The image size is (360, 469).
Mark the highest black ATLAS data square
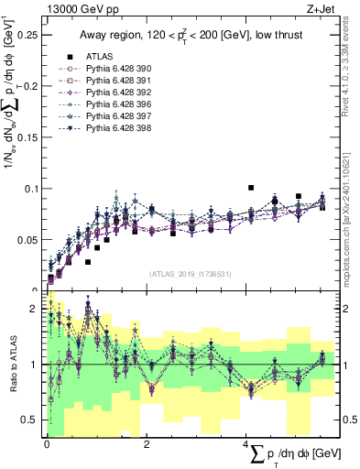click(x=251, y=187)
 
